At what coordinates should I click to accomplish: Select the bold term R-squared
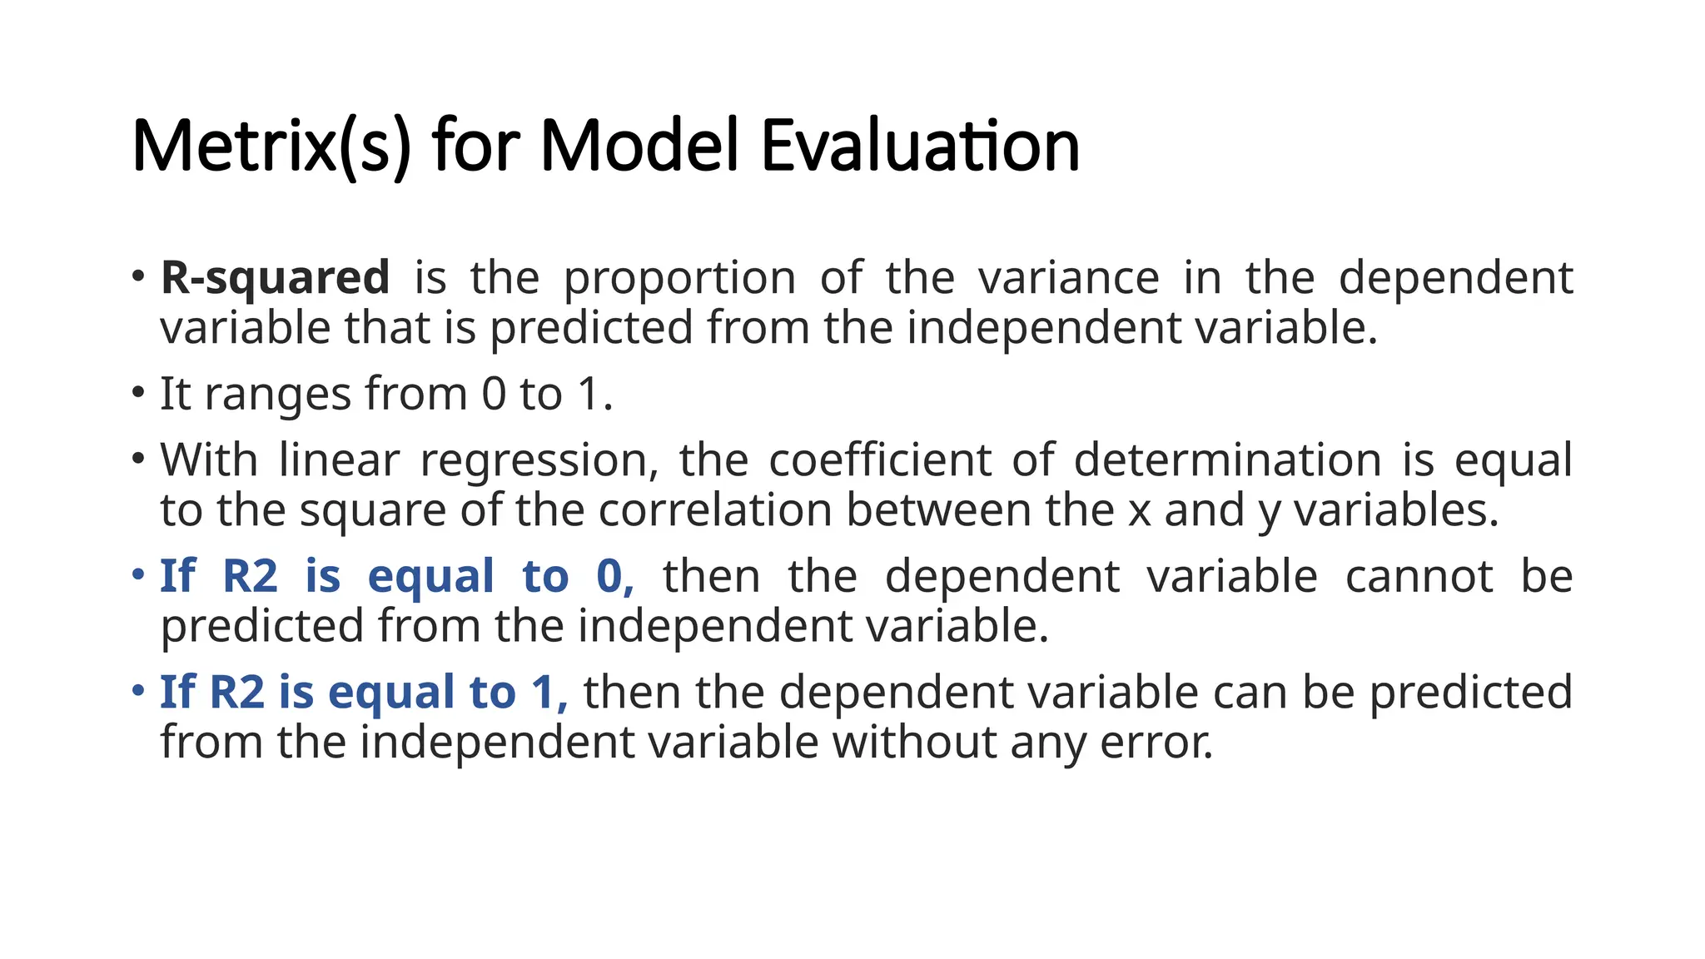click(275, 278)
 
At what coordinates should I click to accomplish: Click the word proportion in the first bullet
click(679, 278)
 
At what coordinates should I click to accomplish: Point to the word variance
click(1068, 278)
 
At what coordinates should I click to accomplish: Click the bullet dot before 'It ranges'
click(138, 392)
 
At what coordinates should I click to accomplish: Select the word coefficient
click(880, 460)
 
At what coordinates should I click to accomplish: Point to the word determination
click(1227, 460)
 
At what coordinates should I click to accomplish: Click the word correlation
click(715, 510)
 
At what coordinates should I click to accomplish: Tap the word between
click(938, 510)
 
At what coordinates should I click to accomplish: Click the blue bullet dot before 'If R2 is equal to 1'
click(138, 690)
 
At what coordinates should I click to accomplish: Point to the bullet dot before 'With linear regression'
click(138, 459)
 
